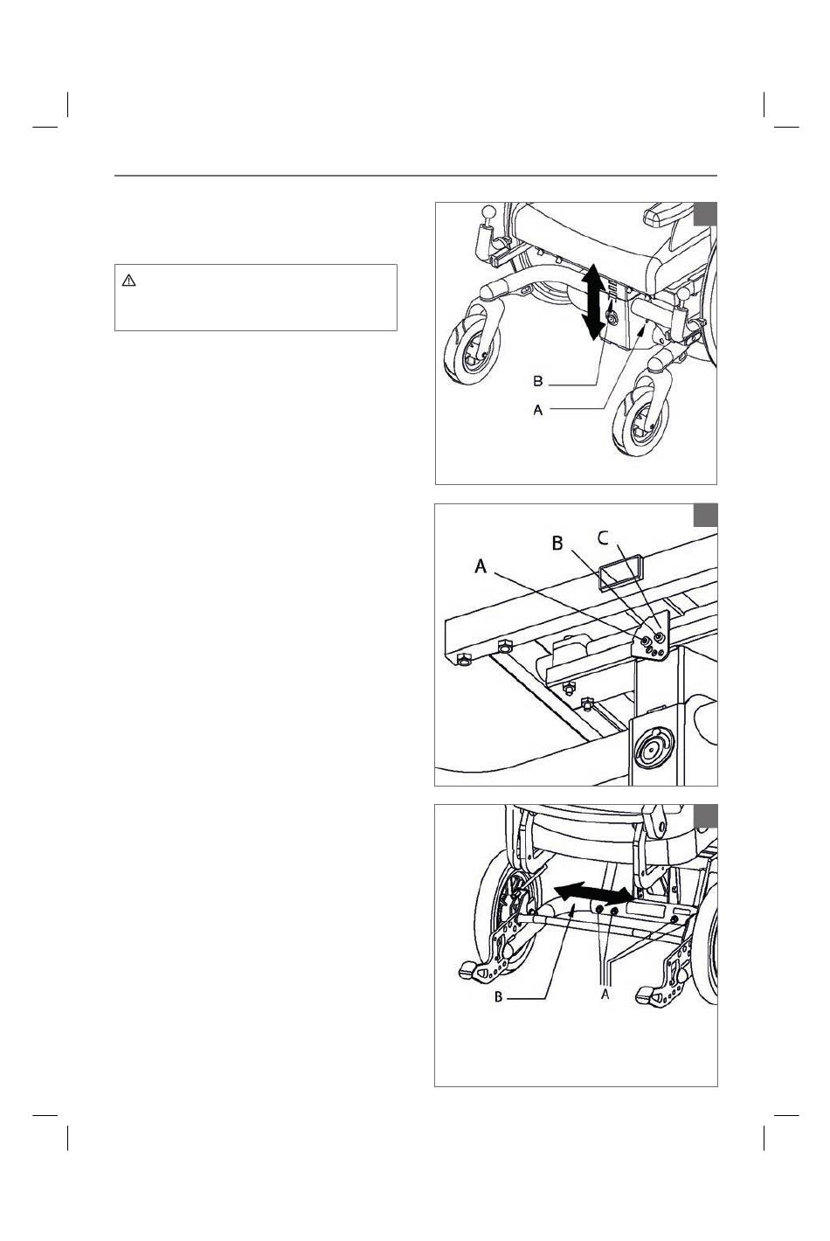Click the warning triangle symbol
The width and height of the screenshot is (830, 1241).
tap(128, 281)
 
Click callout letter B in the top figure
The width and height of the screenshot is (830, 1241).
tap(538, 381)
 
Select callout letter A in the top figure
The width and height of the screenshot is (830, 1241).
tap(538, 410)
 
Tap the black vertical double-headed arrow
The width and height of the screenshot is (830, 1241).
tap(593, 302)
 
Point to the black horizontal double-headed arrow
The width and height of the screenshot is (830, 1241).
tap(595, 892)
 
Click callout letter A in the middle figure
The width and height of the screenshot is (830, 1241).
tap(481, 566)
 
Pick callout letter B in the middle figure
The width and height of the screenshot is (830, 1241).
tap(557, 544)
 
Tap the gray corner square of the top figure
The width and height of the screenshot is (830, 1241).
tap(705, 214)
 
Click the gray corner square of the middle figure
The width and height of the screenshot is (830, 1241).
tap(706, 515)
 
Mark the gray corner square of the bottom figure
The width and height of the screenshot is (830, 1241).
tap(706, 815)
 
